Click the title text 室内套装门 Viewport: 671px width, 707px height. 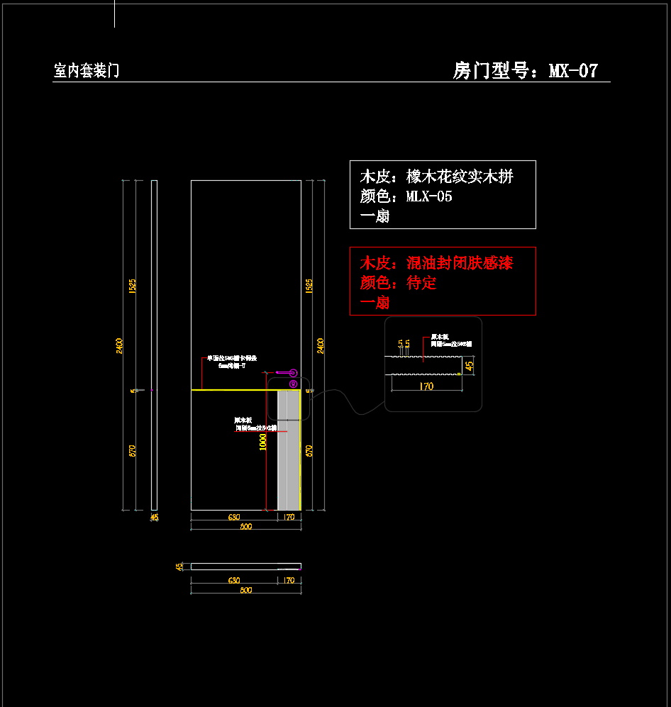pos(87,70)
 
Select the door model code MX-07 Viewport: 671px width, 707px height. pos(573,70)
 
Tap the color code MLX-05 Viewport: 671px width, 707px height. pos(428,196)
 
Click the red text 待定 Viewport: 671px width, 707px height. pos(421,283)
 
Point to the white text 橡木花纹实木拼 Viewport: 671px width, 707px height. pos(459,177)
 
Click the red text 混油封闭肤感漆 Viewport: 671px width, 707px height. pos(459,263)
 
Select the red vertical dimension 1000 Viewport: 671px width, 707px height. pos(263,442)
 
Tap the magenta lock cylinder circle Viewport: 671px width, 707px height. pos(294,384)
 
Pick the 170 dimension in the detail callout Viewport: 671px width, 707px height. pos(426,386)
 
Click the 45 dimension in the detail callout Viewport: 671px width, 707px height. pos(469,366)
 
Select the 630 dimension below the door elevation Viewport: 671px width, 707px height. pos(233,518)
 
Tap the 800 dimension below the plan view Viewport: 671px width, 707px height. pos(245,590)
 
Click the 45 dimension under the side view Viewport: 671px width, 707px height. pos(155,518)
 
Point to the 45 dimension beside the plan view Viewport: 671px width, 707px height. pos(180,567)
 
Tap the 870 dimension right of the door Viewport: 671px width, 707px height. pos(309,450)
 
